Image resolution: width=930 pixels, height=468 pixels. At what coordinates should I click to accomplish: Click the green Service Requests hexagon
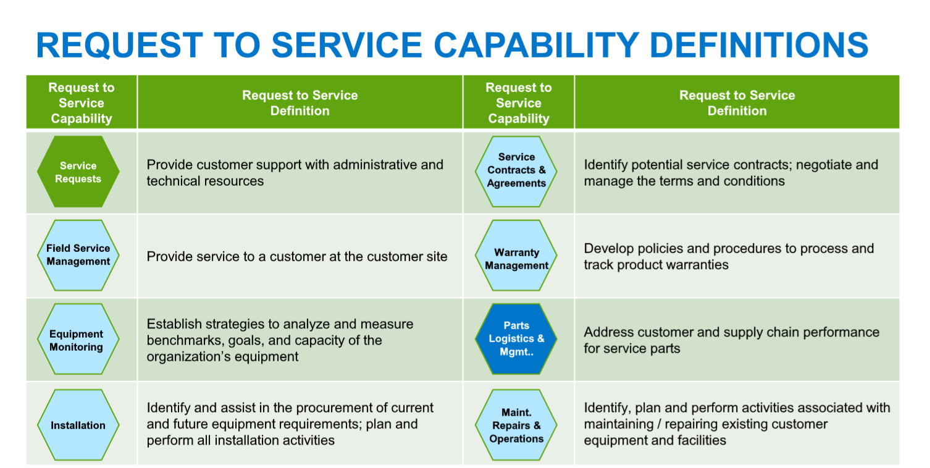click(78, 172)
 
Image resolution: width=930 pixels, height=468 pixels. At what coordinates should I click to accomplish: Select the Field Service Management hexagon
click(78, 255)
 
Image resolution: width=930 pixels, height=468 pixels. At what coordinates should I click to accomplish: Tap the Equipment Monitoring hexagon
click(78, 339)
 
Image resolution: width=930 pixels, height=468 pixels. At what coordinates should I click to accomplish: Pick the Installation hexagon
click(78, 425)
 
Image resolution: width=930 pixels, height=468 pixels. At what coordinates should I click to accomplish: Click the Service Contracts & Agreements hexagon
click(516, 172)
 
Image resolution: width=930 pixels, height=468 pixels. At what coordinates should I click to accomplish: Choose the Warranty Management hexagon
click(516, 255)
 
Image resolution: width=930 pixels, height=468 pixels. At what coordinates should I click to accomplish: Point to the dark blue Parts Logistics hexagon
click(516, 339)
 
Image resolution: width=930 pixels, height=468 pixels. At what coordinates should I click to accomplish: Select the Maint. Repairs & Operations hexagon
click(516, 425)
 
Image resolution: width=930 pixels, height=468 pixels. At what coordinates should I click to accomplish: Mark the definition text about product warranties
click(729, 256)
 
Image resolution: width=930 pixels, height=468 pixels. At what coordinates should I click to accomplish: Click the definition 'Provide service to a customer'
click(297, 256)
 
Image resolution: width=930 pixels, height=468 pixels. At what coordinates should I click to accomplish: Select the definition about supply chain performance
click(731, 340)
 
